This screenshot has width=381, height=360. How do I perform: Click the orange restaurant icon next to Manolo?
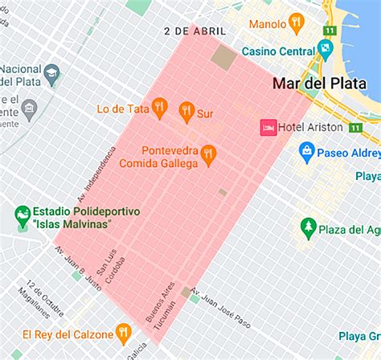pos(297,22)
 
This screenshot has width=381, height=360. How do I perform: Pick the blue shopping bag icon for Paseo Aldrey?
pos(306,149)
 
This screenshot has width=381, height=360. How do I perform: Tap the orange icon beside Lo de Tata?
pos(159,107)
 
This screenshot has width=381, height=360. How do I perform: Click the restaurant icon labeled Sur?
pos(186,110)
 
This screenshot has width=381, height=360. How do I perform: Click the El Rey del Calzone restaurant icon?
pos(123,331)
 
